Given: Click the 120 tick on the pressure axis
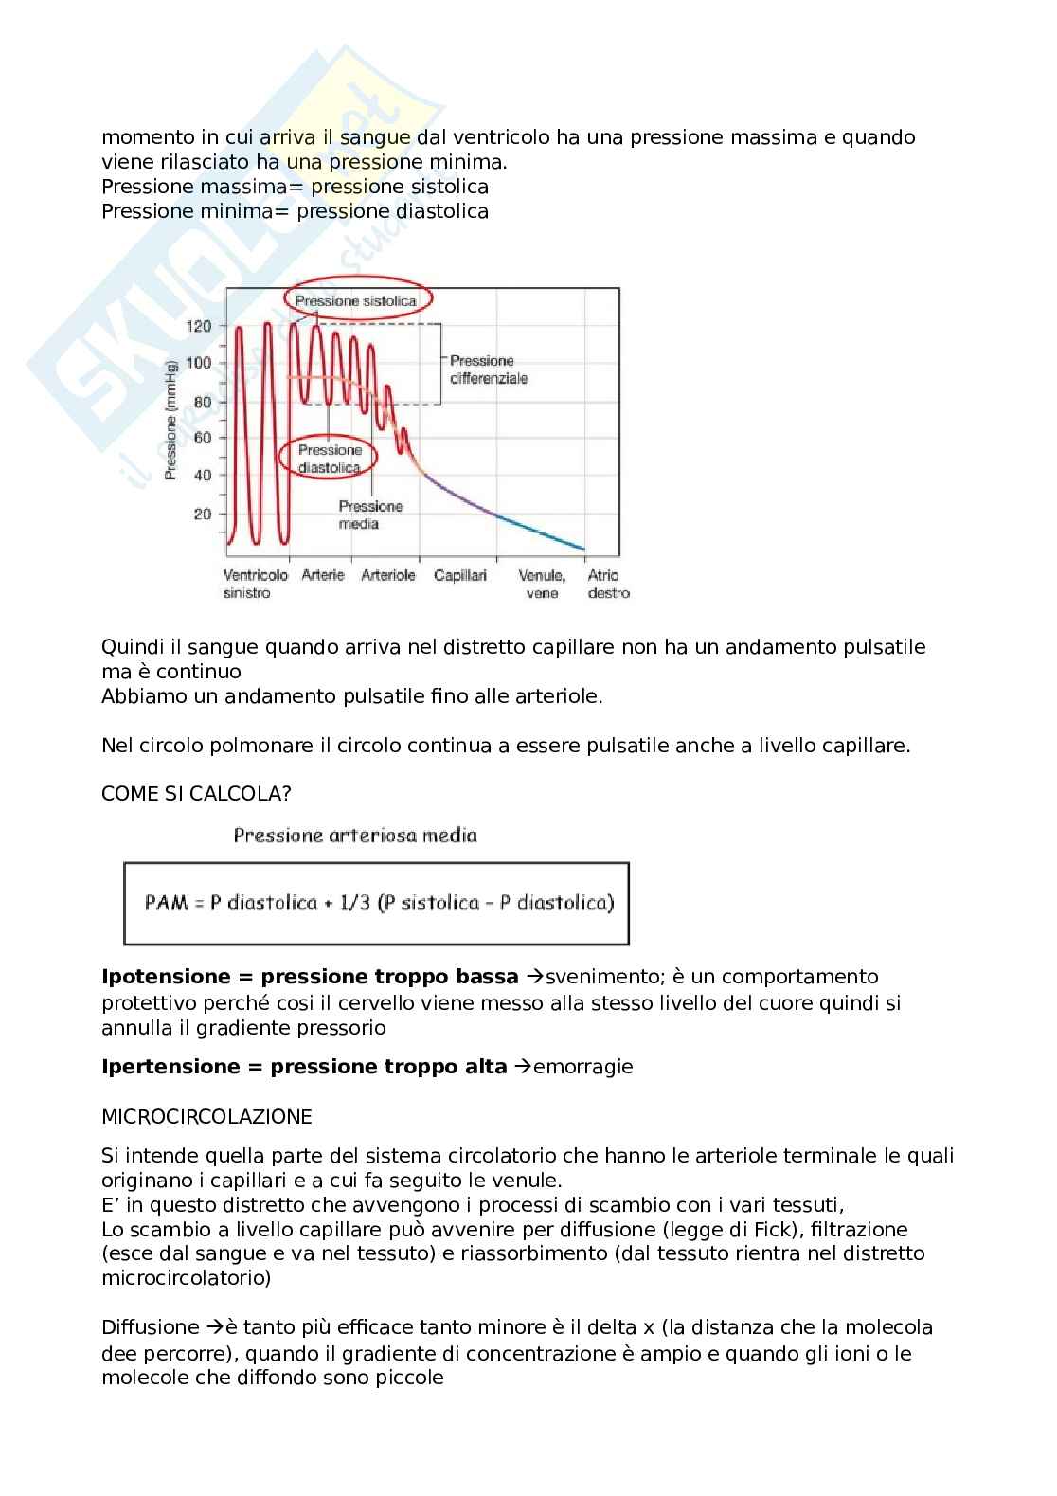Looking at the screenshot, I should (x=199, y=327).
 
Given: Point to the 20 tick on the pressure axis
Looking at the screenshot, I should (x=202, y=514).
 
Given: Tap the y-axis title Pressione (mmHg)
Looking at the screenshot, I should (x=171, y=419).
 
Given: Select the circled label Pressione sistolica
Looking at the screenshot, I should (x=356, y=300).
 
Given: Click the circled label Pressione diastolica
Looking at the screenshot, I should (x=330, y=459).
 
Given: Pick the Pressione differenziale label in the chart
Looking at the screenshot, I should (x=489, y=369).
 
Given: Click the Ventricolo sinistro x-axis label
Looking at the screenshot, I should (x=255, y=584).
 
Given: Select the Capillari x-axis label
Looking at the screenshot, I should (x=460, y=575).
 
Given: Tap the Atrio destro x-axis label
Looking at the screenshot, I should (x=607, y=584).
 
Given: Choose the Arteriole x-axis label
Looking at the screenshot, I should (x=388, y=575).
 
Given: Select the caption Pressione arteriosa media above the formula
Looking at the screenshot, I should (x=355, y=836).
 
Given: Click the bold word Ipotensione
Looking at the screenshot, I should (x=166, y=977).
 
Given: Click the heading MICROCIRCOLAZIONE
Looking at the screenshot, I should (x=206, y=1117).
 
